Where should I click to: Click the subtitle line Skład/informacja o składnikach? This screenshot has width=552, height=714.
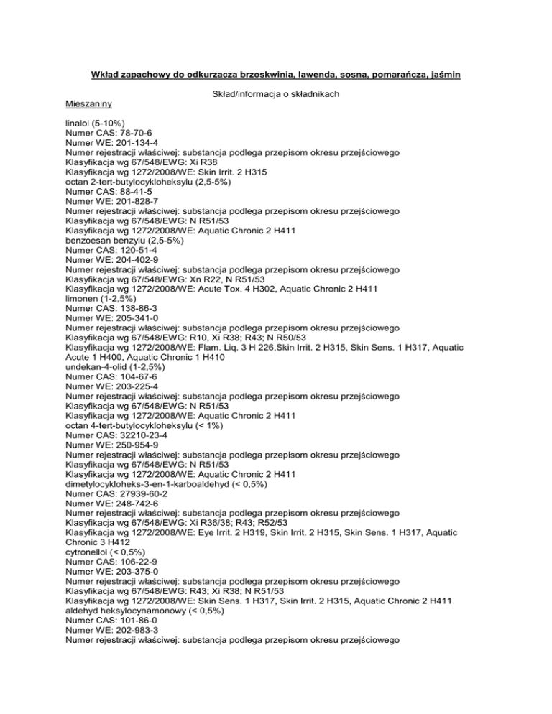pyautogui.click(x=276, y=94)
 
